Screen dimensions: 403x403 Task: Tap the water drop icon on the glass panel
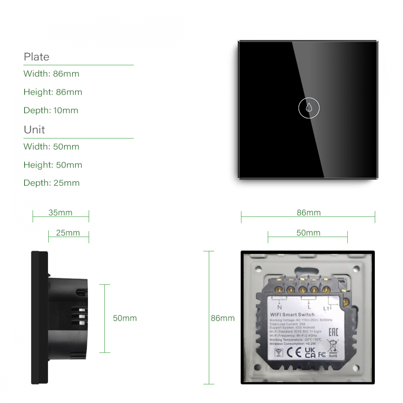[x=308, y=108]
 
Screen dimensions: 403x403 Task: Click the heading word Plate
[x=36, y=57]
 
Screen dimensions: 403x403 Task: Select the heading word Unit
[x=34, y=130]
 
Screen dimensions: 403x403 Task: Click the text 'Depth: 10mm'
[x=51, y=110]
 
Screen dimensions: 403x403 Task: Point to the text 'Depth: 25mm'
[x=52, y=183]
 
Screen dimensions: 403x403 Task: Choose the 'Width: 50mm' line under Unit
[x=51, y=147]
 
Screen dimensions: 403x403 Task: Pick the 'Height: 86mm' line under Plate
[x=53, y=92]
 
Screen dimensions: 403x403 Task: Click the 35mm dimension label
[x=60, y=213]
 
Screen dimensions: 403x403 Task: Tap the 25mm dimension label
[x=68, y=233]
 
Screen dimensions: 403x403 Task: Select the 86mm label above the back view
[x=309, y=213]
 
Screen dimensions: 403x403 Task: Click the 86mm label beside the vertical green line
[x=222, y=318]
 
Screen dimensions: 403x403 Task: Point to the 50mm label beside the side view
[x=125, y=318]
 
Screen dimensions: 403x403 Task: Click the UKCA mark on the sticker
[x=310, y=352]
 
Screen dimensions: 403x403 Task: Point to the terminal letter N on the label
[x=279, y=307]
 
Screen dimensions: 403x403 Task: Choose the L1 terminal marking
[x=327, y=308]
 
